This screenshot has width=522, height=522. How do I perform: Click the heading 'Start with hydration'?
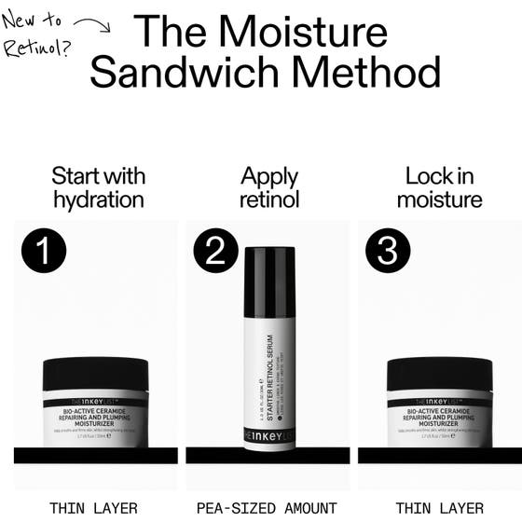[x=98, y=187]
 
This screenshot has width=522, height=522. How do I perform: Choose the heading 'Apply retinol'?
[x=269, y=187]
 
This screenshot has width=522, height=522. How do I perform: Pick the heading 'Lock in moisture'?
[x=440, y=187]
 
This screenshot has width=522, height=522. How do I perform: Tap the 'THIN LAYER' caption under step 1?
[x=94, y=508]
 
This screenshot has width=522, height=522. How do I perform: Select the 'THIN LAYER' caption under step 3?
[x=440, y=508]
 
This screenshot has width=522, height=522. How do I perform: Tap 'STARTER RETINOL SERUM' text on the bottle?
[x=264, y=373]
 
